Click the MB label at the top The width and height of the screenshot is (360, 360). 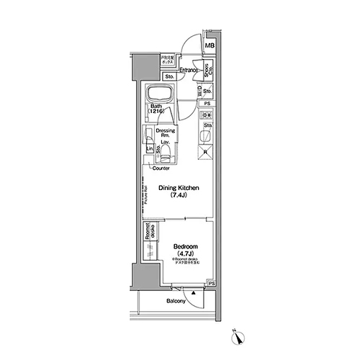pyautogui.click(x=211, y=48)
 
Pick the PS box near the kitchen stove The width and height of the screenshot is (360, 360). pyautogui.click(x=207, y=104)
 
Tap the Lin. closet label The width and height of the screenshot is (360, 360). pyautogui.click(x=150, y=149)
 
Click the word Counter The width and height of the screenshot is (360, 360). pyautogui.click(x=161, y=168)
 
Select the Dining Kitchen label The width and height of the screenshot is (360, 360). pyautogui.click(x=179, y=189)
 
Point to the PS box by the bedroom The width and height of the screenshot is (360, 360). pyautogui.click(x=211, y=284)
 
